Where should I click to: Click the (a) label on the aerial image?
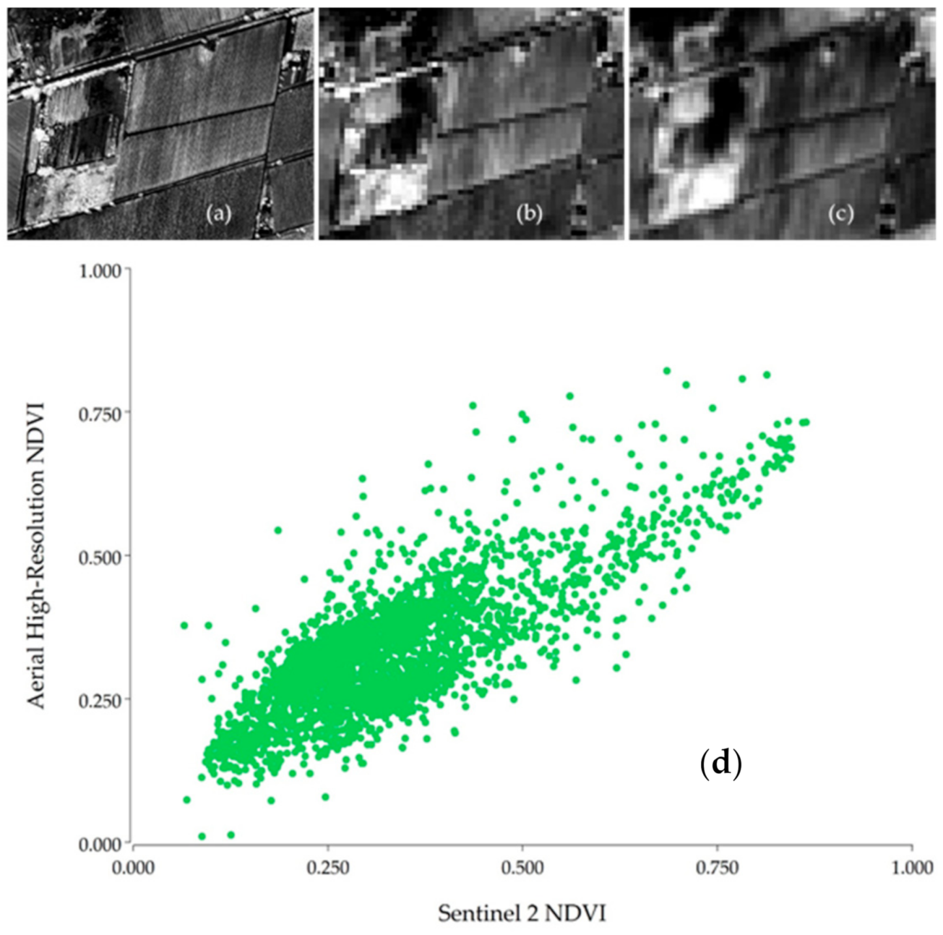[x=218, y=214]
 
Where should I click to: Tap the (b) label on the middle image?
[x=529, y=214]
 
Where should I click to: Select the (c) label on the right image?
[x=840, y=214]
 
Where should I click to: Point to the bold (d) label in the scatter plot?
[x=721, y=763]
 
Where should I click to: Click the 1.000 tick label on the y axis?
[x=100, y=270]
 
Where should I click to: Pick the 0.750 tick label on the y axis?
[x=100, y=413]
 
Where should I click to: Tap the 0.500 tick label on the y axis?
[x=100, y=557]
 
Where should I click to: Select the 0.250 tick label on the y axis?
[x=100, y=700]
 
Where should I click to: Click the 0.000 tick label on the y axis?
[x=100, y=844]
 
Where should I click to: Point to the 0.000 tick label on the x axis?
[x=133, y=868]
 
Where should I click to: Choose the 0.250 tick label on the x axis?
[x=327, y=868]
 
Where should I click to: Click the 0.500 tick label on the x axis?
[x=522, y=868]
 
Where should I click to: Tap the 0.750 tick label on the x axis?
[x=717, y=868]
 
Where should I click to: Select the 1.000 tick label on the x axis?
[x=912, y=868]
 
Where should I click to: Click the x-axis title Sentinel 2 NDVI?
[x=522, y=913]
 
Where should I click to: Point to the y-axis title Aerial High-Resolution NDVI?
[x=37, y=556]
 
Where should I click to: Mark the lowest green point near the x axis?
[x=202, y=836]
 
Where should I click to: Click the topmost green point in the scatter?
[x=666, y=370]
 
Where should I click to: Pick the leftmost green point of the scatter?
[x=184, y=625]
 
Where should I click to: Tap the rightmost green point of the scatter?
[x=806, y=422]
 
